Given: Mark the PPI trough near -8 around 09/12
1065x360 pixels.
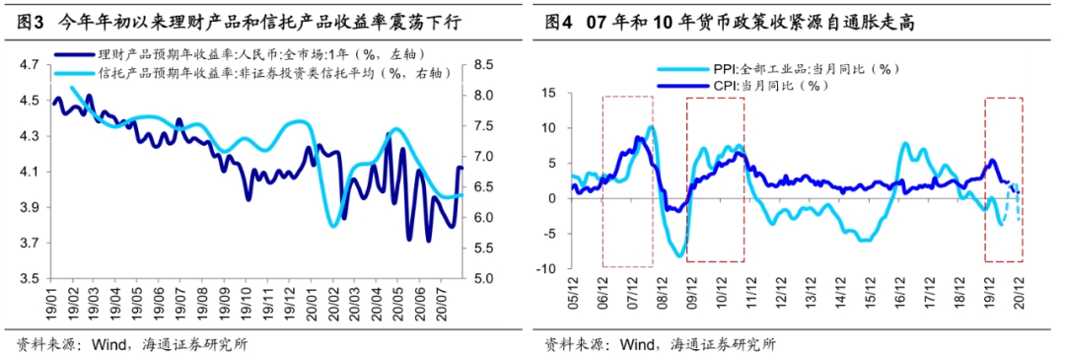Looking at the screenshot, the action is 679,254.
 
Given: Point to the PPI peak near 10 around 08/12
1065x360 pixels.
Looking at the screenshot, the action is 652,127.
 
